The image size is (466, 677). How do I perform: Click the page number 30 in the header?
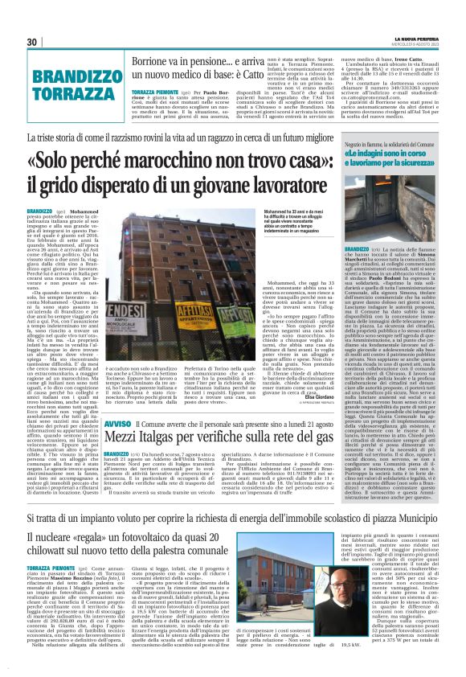33,42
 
